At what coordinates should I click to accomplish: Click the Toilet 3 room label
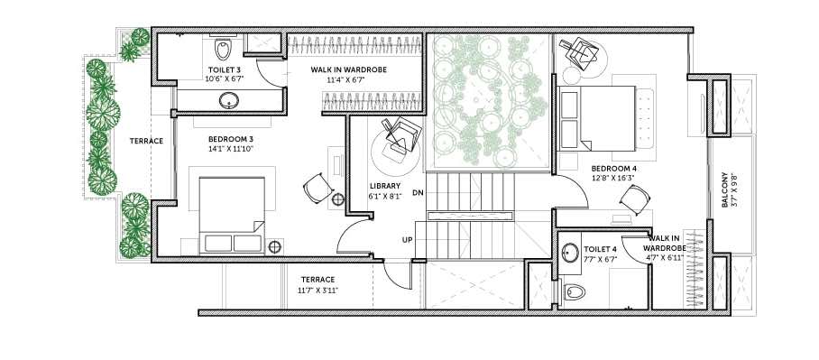coord(225,74)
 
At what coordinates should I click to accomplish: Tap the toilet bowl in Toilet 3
coord(223,49)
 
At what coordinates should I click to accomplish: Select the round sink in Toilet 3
coord(228,100)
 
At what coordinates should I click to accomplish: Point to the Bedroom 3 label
coord(230,143)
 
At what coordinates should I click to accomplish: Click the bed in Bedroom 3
coord(232,216)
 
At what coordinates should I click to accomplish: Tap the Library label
coord(385,190)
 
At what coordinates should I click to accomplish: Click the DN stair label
coord(418,192)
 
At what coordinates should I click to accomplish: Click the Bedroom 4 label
coord(613,173)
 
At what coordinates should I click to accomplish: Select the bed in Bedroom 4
coord(597,118)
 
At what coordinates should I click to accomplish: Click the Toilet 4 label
coord(600,253)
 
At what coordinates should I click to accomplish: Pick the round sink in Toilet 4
coord(570,254)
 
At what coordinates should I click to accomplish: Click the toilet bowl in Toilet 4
coord(573,291)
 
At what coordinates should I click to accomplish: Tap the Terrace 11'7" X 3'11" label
coord(317,285)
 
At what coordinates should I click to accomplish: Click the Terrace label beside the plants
coord(146,141)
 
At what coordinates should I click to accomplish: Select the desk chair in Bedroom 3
coord(317,189)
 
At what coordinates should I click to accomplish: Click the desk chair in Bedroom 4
coord(635,199)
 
